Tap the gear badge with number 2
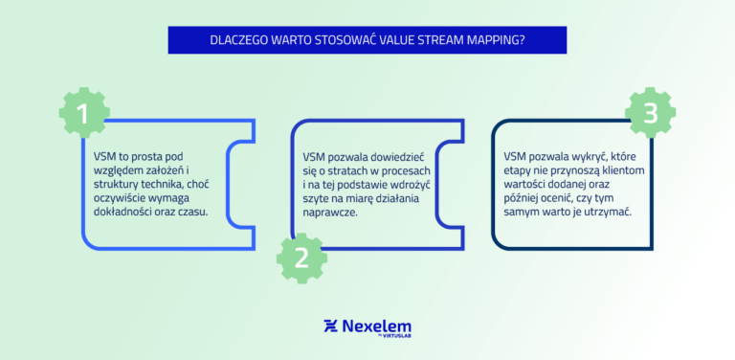[x=301, y=257]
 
